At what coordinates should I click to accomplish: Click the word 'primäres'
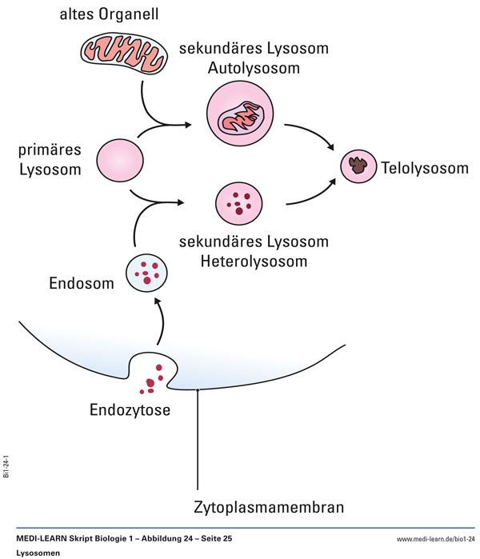click(51, 150)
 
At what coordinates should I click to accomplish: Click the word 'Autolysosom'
click(254, 69)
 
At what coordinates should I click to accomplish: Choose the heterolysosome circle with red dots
click(238, 205)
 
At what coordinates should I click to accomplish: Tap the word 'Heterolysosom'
click(254, 261)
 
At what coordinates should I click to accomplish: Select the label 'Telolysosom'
click(425, 168)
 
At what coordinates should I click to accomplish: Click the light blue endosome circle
click(146, 272)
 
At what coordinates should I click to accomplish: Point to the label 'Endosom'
click(79, 283)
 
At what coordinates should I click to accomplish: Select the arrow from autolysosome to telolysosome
click(314, 134)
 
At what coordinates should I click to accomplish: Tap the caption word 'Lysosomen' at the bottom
click(38, 553)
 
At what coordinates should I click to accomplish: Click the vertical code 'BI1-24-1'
click(6, 463)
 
